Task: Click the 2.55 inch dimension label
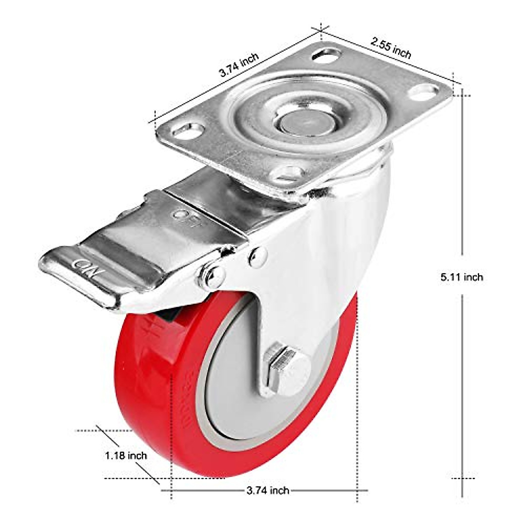tap(391, 48)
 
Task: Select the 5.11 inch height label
tap(462, 276)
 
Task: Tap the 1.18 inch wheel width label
tap(126, 455)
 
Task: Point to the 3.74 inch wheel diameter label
tap(268, 490)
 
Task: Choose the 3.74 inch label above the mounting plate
tap(239, 65)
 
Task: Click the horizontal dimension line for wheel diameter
tap(328, 490)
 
